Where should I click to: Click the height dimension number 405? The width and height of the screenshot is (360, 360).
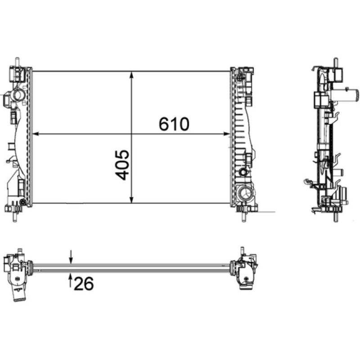122,165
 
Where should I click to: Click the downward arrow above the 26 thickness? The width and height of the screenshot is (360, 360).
71,257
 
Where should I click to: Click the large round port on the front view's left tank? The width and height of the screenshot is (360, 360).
18,95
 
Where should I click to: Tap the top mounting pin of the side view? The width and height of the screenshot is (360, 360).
336,62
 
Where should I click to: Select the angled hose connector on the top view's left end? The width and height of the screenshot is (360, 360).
18,295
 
